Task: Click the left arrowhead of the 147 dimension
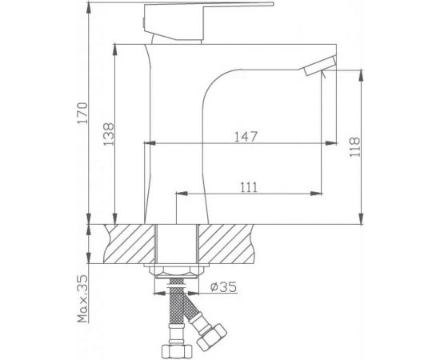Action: (x=149, y=145)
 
